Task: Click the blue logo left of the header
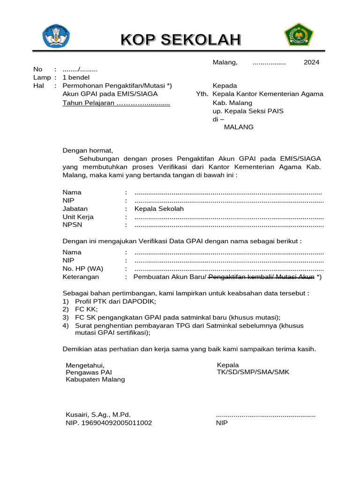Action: (57, 36)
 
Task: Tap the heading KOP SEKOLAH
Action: (181, 40)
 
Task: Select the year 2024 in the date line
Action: (311, 62)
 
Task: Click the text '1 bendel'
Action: (76, 77)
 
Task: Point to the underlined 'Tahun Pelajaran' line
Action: (116, 103)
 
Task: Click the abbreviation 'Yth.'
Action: (202, 94)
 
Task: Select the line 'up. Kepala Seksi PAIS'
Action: (248, 111)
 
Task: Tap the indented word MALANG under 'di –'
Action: (239, 127)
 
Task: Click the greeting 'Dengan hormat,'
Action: (88, 150)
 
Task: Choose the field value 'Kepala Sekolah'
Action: (159, 209)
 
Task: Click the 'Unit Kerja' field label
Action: (78, 217)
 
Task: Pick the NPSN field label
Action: (73, 225)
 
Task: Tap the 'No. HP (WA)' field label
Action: (83, 269)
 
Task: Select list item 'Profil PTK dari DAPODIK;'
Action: (115, 301)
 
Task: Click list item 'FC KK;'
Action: (85, 309)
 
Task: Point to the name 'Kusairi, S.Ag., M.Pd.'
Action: (98, 414)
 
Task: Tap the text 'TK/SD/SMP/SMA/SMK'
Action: (253, 372)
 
